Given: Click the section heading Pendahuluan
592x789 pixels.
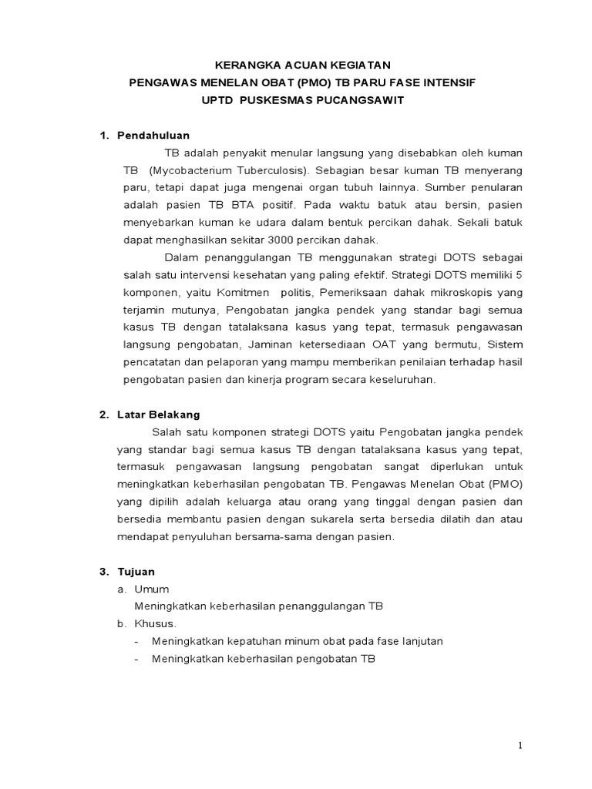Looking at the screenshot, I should (153, 136).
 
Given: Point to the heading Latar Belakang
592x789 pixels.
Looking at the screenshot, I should (159, 415).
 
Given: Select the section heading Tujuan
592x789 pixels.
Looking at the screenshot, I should (136, 572).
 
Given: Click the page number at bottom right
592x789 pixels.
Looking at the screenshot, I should (520, 745).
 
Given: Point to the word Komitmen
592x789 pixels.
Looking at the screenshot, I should (244, 293).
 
